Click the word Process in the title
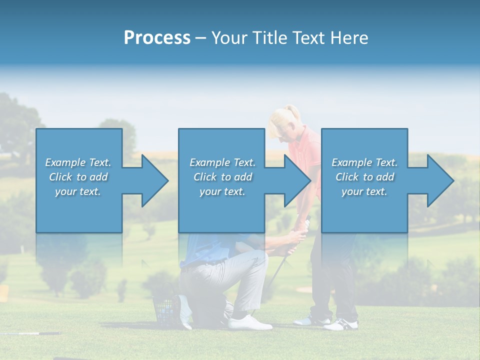(x=157, y=38)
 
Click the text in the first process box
(x=78, y=177)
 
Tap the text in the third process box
(x=364, y=177)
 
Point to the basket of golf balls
(x=165, y=310)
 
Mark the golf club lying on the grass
(x=30, y=333)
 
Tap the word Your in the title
(x=231, y=38)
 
